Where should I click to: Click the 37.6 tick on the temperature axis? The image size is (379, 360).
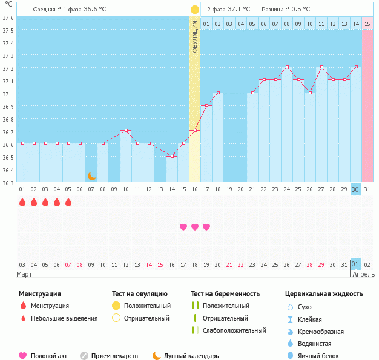tap(8, 18)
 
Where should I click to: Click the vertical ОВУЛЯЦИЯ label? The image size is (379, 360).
tap(194, 36)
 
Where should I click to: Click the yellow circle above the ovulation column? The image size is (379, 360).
tap(194, 10)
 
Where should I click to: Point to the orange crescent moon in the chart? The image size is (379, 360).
tap(91, 175)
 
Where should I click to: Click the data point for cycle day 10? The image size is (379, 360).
tap(126, 131)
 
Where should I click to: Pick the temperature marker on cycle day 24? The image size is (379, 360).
tap(287, 67)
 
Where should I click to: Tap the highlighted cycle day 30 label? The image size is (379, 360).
tap(355, 189)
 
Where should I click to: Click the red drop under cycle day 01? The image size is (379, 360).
tap(22, 203)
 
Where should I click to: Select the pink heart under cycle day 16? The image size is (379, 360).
tap(183, 227)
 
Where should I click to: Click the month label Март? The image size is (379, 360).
tap(25, 274)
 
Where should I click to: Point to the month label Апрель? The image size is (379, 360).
tap(363, 274)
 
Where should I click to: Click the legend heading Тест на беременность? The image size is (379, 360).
tap(225, 293)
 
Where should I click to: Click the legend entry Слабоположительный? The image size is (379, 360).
tap(234, 330)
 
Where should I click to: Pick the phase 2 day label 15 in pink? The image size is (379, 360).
tap(367, 24)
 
